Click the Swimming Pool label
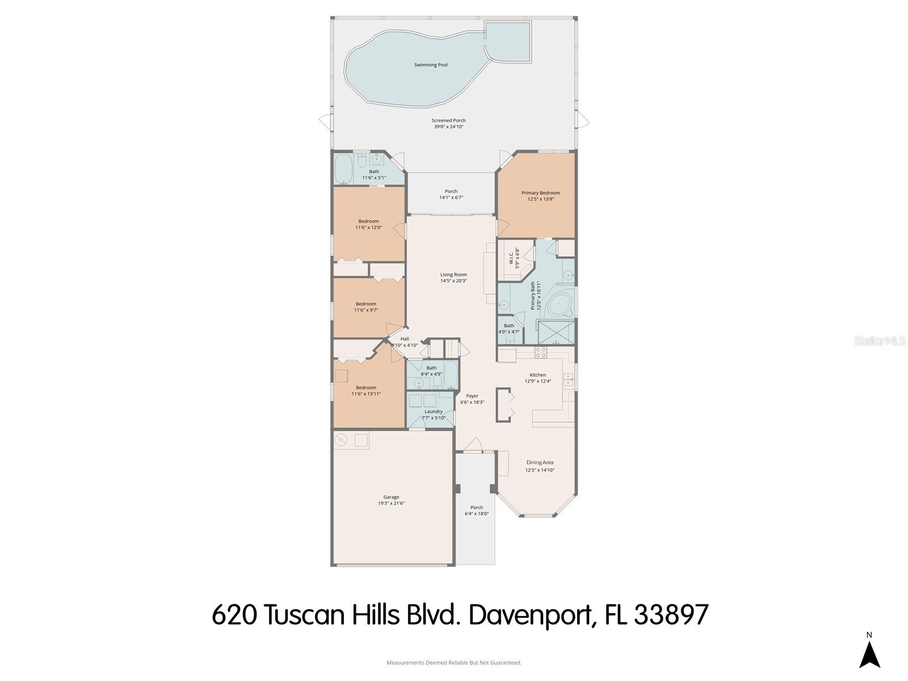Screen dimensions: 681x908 (431, 65)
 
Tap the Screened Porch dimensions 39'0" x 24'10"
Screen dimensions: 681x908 (448, 127)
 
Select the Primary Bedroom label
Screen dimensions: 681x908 (540, 193)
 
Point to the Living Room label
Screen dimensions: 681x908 (453, 275)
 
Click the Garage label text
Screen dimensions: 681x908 (391, 497)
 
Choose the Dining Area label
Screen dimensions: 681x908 (539, 463)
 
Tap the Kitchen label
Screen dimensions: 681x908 (537, 375)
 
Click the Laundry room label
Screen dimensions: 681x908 (434, 411)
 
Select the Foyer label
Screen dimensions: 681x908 (472, 396)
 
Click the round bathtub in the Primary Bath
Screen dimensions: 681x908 (562, 308)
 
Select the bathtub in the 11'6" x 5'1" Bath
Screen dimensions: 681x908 (344, 169)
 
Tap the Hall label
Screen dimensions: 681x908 (405, 339)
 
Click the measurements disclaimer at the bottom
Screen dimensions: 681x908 (454, 662)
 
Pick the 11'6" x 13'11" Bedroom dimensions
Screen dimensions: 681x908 (366, 394)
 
